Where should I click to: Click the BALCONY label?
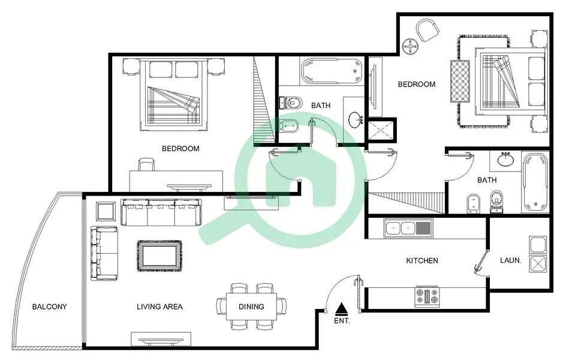tap(49, 307)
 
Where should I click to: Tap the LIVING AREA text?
tap(159, 307)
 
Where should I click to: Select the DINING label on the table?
tap(251, 307)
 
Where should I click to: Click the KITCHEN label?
tap(422, 261)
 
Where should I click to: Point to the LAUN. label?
tap(510, 260)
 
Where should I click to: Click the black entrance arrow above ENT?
tap(342, 310)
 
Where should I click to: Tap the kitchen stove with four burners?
tap(427, 296)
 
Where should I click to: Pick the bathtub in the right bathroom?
tap(535, 182)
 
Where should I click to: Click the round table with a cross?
tap(411, 47)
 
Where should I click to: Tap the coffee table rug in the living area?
tap(159, 256)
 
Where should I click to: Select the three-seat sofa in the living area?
tap(161, 212)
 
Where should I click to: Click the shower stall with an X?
tap(381, 131)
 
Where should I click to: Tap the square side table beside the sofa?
tap(106, 211)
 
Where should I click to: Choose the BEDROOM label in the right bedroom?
tap(417, 85)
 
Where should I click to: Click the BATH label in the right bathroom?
tap(487, 180)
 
